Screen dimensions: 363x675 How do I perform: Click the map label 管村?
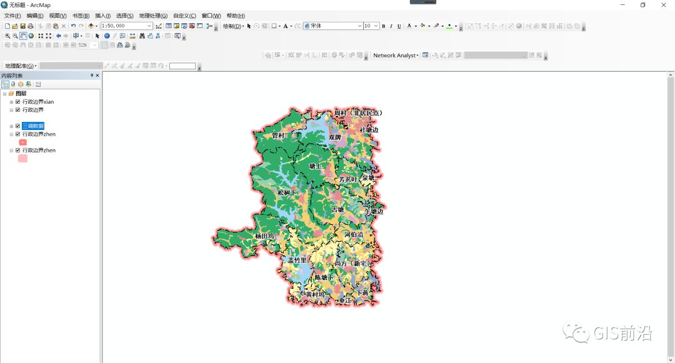[x=278, y=135]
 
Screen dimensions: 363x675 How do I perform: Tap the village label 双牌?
[x=335, y=137]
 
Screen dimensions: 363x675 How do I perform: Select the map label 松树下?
[x=287, y=193]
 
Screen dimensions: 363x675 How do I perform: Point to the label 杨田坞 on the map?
[x=264, y=236]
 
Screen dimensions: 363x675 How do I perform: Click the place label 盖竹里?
[x=297, y=260]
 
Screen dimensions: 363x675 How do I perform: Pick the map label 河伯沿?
[x=353, y=235]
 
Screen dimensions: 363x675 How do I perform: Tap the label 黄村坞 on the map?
[x=315, y=294]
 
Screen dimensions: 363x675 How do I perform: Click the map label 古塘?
[x=337, y=210]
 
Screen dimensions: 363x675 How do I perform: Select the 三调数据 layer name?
[x=33, y=126]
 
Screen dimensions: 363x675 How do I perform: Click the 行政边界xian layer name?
[x=38, y=102]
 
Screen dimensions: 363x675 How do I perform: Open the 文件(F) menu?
[x=12, y=16]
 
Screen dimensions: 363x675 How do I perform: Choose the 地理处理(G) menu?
[x=153, y=16]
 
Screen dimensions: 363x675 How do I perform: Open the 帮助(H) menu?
[x=236, y=16]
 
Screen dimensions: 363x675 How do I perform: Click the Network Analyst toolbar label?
[x=395, y=56]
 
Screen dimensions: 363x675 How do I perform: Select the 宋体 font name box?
[x=332, y=26]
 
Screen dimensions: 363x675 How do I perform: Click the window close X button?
[x=663, y=5]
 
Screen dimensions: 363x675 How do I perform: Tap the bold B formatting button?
[x=383, y=26]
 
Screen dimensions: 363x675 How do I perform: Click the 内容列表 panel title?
[x=12, y=76]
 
